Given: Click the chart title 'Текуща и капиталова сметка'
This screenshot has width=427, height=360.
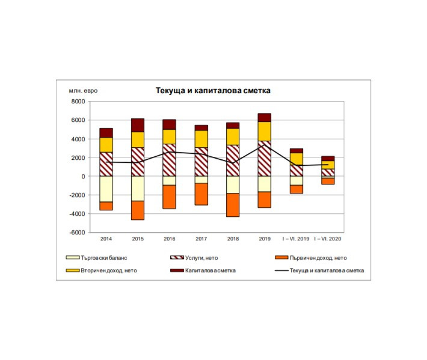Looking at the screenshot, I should [213, 91].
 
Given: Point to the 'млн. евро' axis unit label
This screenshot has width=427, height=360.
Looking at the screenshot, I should [83, 91].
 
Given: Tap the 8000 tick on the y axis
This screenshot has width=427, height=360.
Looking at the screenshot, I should [78, 102].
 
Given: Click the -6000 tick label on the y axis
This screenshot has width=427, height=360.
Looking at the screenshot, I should [77, 233].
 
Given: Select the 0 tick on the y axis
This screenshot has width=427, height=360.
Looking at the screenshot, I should [83, 177].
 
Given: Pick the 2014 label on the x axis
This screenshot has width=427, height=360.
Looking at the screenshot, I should [106, 239].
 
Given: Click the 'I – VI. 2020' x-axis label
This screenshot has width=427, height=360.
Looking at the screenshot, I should [328, 239].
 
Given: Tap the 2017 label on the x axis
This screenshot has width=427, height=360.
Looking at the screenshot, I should [201, 239].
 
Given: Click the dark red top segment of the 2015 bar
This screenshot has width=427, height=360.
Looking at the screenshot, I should [138, 125].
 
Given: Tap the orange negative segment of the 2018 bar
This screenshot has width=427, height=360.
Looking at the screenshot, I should [232, 205].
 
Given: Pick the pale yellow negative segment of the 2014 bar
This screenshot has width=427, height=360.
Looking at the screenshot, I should [106, 189].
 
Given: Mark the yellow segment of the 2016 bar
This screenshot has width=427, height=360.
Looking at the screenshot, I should [170, 136].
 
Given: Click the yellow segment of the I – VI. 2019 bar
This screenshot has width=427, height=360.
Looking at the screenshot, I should [296, 158].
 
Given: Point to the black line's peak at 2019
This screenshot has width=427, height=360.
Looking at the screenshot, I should [264, 145].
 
